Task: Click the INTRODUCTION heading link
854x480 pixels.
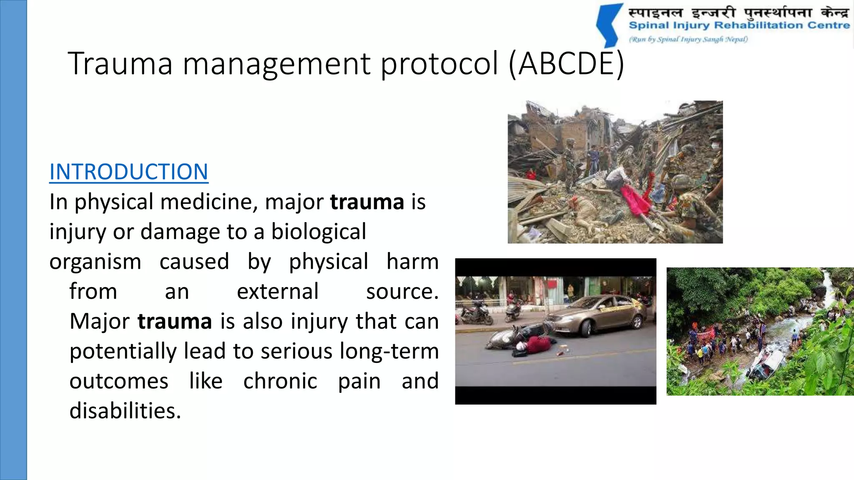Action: point(128,172)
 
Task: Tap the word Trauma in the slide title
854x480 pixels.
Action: point(120,63)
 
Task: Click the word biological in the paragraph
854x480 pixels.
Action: point(319,232)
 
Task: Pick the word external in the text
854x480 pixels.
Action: point(277,291)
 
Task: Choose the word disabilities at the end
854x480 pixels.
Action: point(125,411)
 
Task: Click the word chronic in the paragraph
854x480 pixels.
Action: point(280,381)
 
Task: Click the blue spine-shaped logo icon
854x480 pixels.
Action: point(610,25)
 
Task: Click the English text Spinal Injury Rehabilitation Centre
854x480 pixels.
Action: point(739,25)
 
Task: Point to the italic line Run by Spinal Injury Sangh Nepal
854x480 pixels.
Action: point(688,40)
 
